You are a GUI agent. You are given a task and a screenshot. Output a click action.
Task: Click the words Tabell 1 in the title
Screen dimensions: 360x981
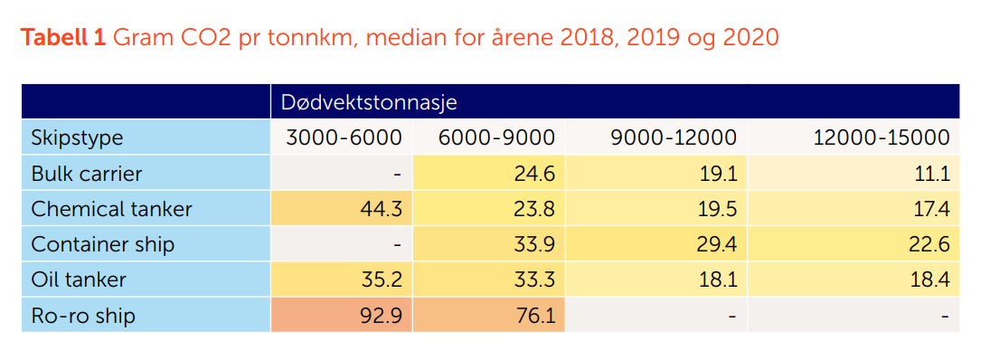pos(63,38)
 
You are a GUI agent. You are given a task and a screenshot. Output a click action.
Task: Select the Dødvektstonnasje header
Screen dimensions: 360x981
pos(368,102)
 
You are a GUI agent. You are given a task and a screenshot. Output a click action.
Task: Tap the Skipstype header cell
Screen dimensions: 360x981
pos(77,137)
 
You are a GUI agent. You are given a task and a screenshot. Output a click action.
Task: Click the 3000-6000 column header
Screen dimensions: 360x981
pos(344,137)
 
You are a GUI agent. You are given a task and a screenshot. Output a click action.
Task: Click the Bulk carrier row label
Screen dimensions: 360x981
pos(87,173)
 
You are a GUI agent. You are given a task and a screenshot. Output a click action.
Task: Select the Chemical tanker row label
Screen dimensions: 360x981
pos(111,209)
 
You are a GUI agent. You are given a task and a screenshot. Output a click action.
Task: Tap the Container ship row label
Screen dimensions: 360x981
pos(102,244)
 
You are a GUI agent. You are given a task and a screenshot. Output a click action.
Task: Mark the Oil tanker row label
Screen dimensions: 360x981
pos(79,279)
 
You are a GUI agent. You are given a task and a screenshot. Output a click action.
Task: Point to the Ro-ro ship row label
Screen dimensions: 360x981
pos(83,316)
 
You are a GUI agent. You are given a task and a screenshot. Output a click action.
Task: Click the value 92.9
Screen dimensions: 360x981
pos(381,316)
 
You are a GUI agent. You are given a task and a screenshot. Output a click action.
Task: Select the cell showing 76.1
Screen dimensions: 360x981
pos(533,316)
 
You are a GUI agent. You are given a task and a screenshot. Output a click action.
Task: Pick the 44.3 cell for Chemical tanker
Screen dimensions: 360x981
pos(381,209)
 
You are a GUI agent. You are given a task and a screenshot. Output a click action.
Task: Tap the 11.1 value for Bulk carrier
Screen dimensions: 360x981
pos(930,173)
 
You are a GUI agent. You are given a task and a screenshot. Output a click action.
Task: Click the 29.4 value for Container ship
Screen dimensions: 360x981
pos(716,244)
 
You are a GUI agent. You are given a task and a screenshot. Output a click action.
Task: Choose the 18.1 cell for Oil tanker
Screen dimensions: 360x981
pos(717,279)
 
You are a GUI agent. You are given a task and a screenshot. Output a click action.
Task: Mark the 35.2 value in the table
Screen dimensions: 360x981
pos(381,279)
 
